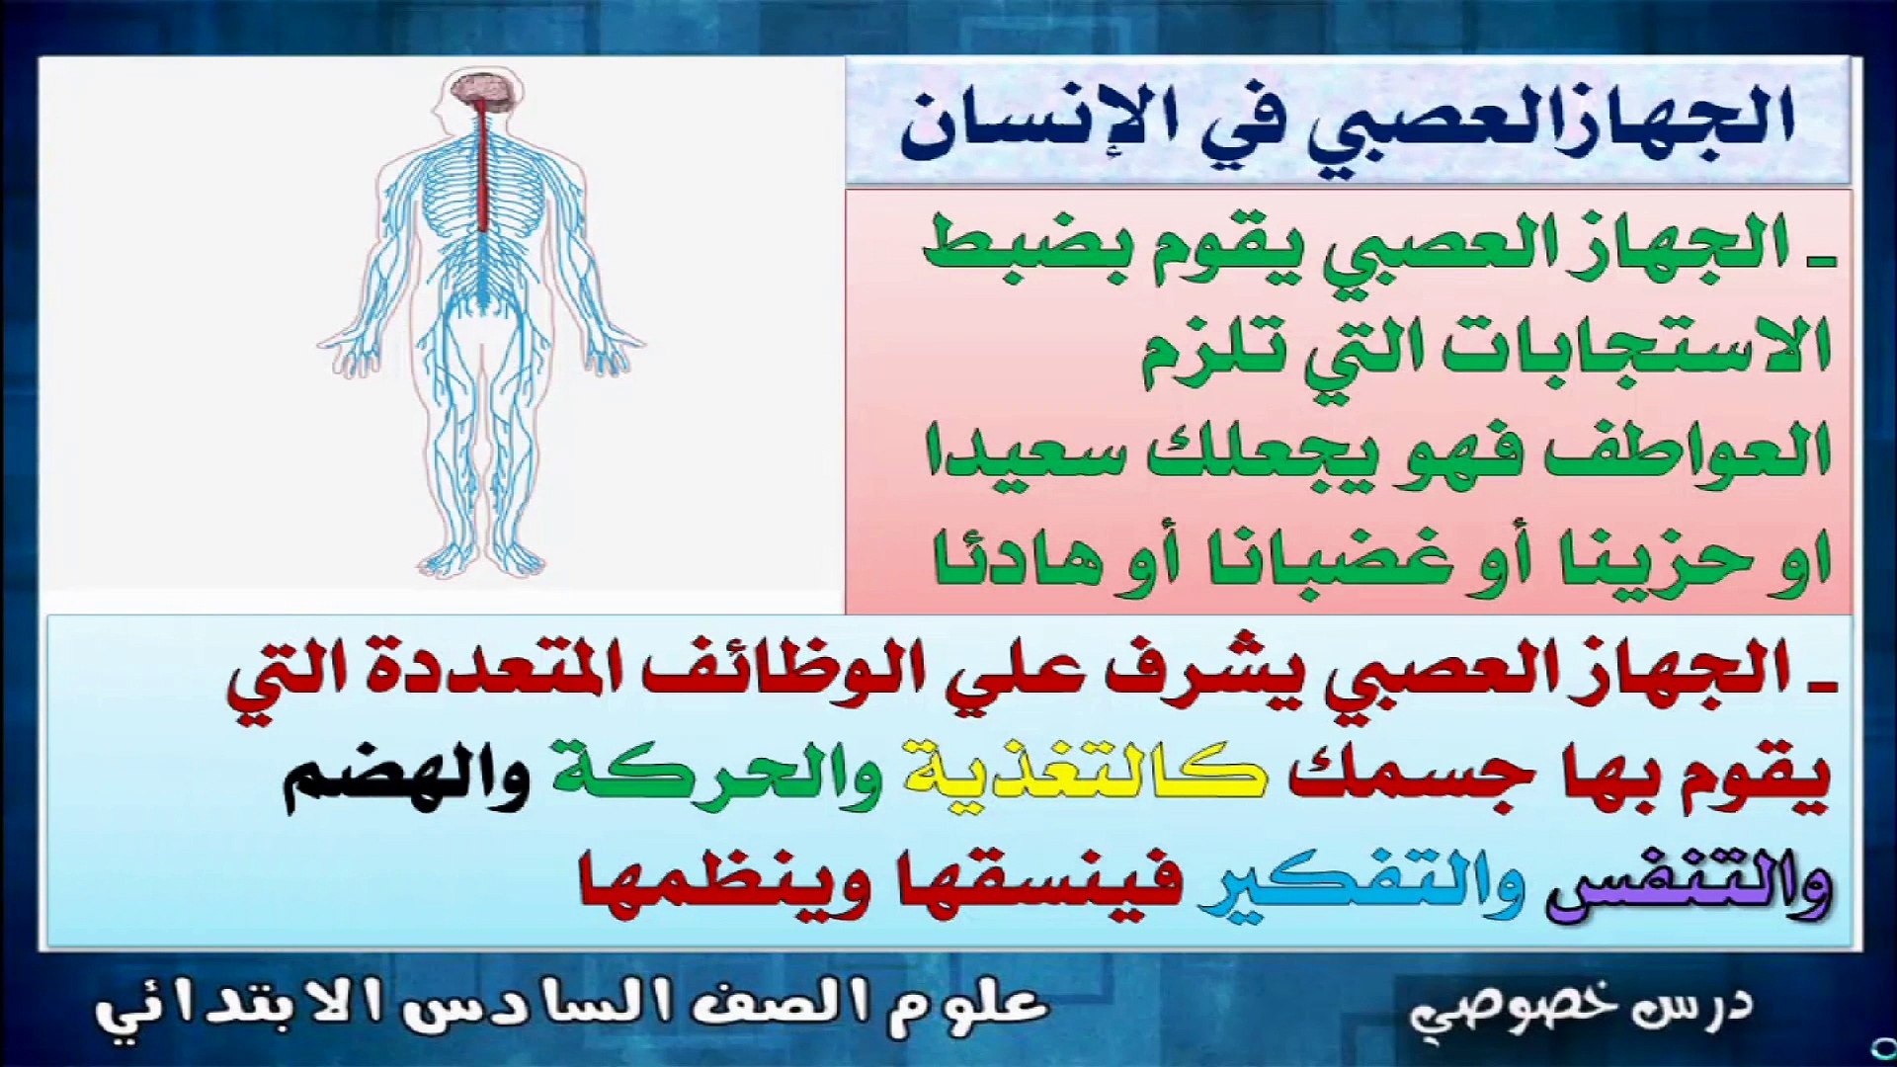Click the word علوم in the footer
pyautogui.click(x=967, y=1007)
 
